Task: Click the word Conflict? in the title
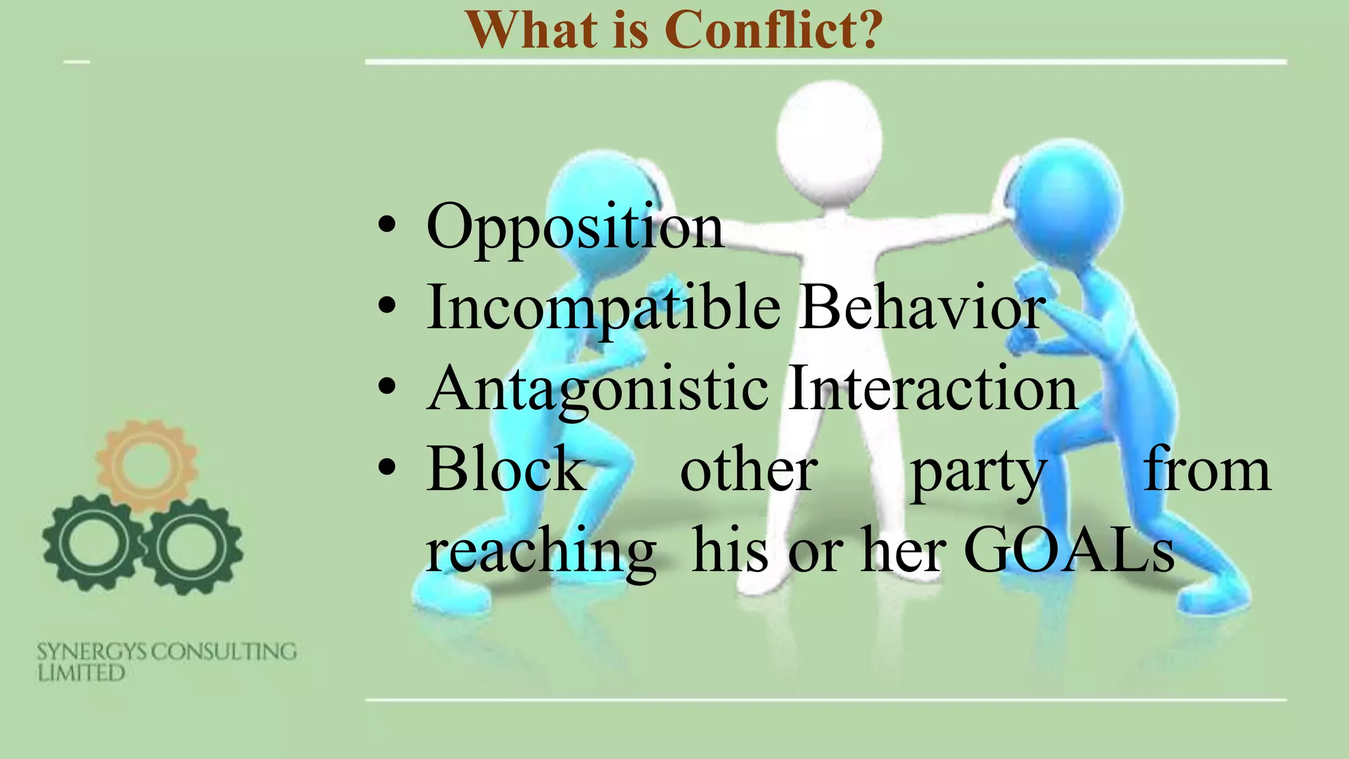click(773, 30)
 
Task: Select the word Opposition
click(574, 227)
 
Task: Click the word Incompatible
click(603, 308)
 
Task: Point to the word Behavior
click(922, 308)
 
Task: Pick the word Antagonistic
click(597, 389)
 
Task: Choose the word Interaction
click(932, 389)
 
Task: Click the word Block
click(506, 469)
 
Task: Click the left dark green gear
click(92, 544)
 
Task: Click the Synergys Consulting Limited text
click(166, 661)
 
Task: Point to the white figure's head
click(829, 135)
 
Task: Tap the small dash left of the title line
click(76, 62)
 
